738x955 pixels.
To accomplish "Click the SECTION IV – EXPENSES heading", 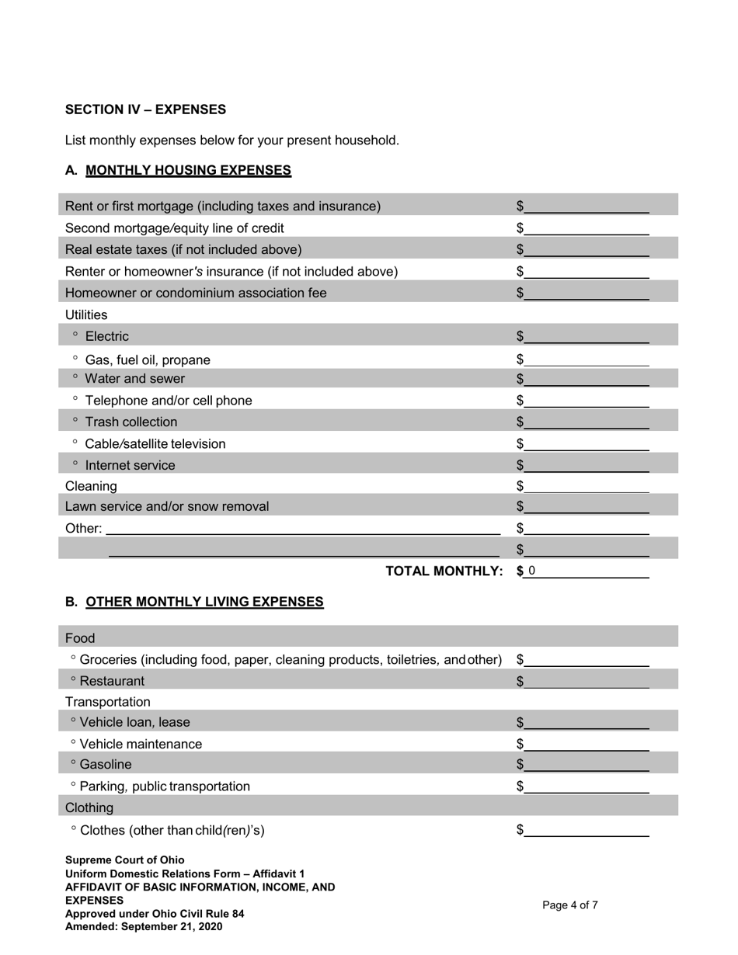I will tap(145, 109).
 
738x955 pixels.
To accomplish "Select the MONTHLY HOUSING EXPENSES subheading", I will tap(188, 170).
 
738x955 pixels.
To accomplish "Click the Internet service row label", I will tap(130, 465).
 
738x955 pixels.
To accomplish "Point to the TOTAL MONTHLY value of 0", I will tap(532, 571).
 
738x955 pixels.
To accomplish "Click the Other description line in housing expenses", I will tap(303, 528).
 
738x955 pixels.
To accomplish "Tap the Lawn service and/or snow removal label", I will tap(167, 506).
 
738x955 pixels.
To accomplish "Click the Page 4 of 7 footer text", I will tap(569, 905).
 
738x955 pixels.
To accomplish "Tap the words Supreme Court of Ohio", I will tap(125, 859).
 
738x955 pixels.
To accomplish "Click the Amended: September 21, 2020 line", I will tap(144, 926).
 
